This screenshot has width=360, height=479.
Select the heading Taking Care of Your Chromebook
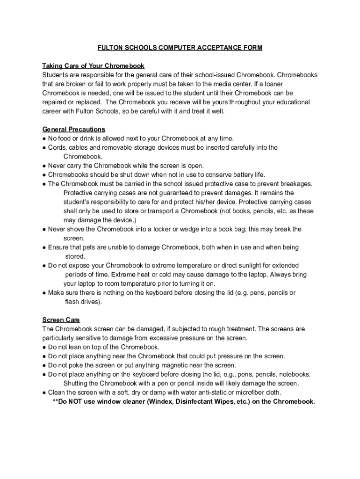pyautogui.click(x=94, y=66)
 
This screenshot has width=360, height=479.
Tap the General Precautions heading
pyautogui.click(x=74, y=129)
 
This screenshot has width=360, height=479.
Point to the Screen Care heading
pyautogui.click(x=61, y=320)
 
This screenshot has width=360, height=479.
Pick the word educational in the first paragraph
pyautogui.click(x=286, y=102)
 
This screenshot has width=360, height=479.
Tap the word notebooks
pyautogui.click(x=295, y=374)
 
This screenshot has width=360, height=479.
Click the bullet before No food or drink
pyautogui.click(x=44, y=138)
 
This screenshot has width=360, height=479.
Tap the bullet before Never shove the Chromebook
pyautogui.click(x=44, y=229)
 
